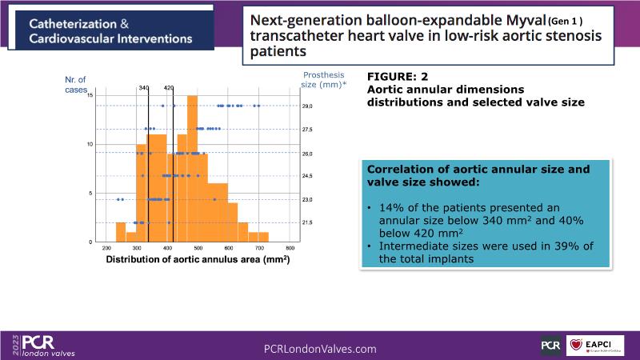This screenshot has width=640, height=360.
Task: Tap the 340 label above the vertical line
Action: pyautogui.click(x=144, y=87)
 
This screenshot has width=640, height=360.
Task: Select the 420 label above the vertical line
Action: pyautogui.click(x=169, y=87)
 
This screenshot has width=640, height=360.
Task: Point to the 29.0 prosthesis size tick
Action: pyautogui.click(x=306, y=106)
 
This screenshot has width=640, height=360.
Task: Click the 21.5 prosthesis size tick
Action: pyautogui.click(x=306, y=222)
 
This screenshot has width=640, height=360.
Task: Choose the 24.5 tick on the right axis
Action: pyautogui.click(x=306, y=176)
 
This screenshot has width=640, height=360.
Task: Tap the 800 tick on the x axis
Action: pyautogui.click(x=290, y=249)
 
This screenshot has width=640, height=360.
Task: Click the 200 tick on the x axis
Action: pyautogui.click(x=108, y=249)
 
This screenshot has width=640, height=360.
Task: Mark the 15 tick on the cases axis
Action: pyautogui.click(x=90, y=96)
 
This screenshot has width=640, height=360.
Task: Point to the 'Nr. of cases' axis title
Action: pyautogui.click(x=76, y=84)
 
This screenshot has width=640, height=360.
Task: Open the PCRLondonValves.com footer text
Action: pyautogui.click(x=320, y=349)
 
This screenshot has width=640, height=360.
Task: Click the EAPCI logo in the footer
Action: pyautogui.click(x=595, y=346)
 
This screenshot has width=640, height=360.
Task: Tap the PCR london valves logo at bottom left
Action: pyautogui.click(x=40, y=346)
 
